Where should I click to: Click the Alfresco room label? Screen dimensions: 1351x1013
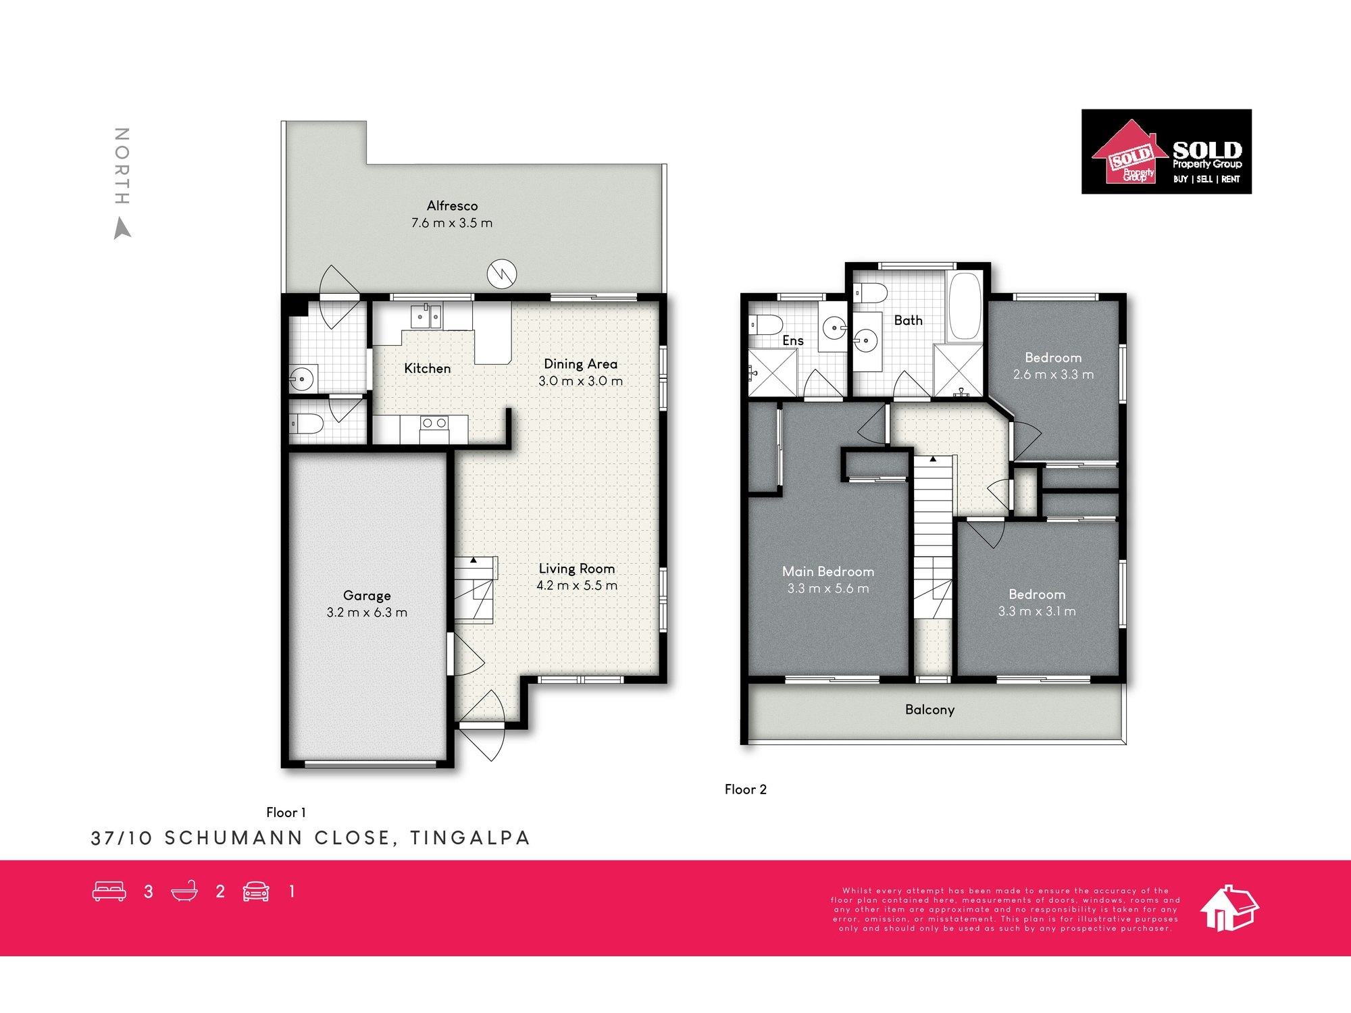[x=452, y=206]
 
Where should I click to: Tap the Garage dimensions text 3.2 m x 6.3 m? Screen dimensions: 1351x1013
[x=367, y=613]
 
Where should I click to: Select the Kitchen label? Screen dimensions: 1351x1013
[x=427, y=368]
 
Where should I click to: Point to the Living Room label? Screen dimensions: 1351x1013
[x=576, y=569]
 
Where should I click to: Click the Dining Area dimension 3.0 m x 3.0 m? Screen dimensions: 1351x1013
[x=580, y=381]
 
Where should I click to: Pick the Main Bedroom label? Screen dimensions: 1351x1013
[x=828, y=571]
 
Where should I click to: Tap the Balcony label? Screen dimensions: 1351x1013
[x=929, y=710]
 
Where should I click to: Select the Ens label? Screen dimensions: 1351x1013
[x=792, y=340]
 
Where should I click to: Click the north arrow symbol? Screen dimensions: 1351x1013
[x=122, y=228]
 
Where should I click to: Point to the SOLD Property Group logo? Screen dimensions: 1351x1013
[x=1167, y=152]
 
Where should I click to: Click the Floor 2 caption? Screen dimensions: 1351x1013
[x=746, y=789]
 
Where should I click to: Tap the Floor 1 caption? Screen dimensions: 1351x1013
[x=286, y=812]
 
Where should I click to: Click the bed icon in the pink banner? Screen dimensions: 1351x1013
[x=109, y=891]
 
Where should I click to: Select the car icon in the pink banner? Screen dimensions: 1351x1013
[x=256, y=891]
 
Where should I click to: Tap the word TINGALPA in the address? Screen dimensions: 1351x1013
[x=470, y=838]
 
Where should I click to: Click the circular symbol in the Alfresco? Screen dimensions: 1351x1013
[x=502, y=274]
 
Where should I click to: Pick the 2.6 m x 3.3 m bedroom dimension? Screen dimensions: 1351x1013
[x=1053, y=375]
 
